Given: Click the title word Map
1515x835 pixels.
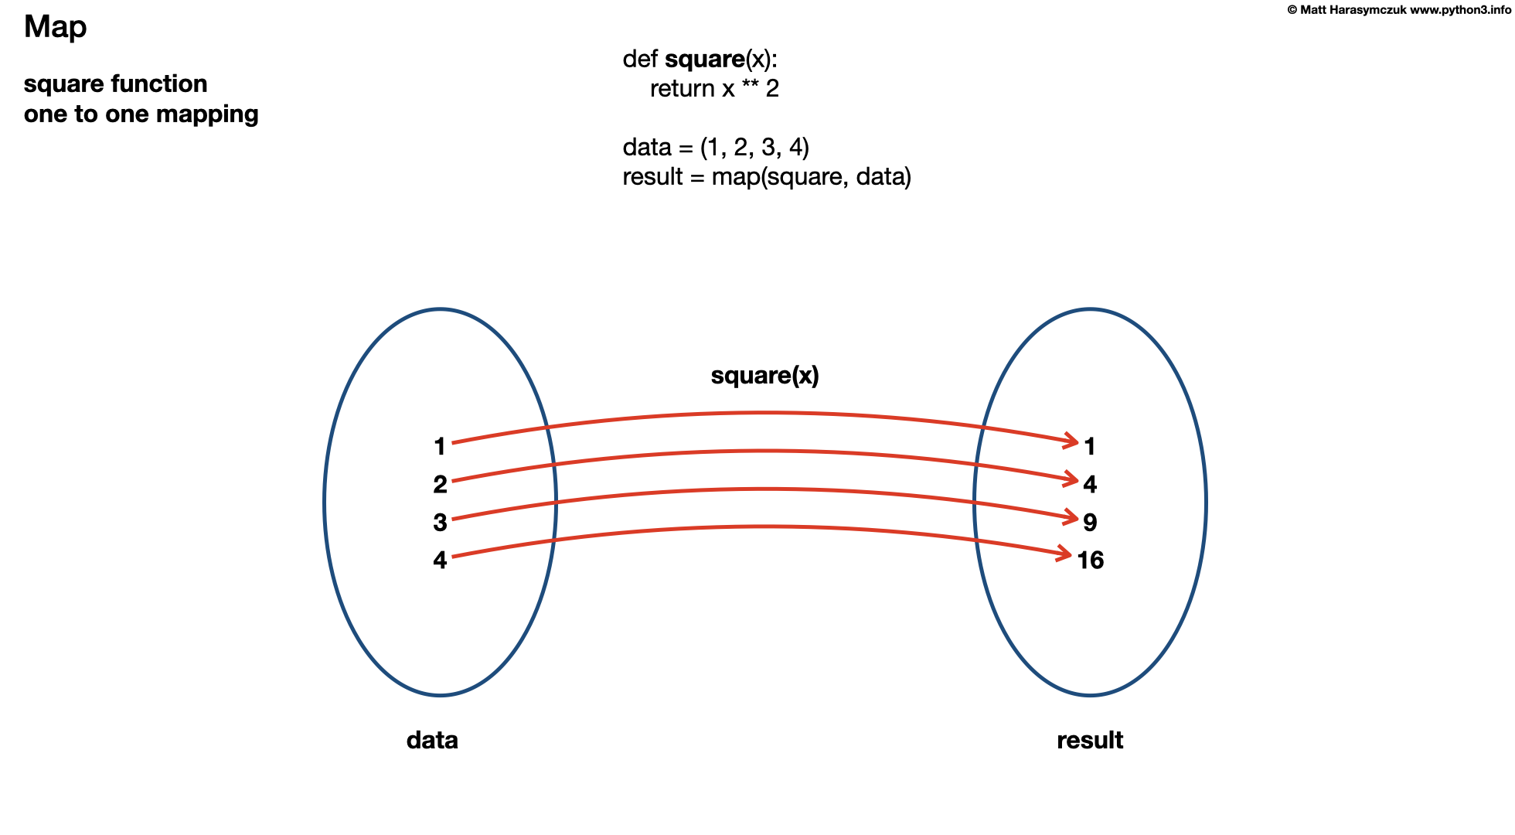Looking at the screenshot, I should click(55, 27).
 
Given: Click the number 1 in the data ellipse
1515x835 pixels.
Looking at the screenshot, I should click(440, 446).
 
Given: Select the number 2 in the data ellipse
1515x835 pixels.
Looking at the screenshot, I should click(440, 484).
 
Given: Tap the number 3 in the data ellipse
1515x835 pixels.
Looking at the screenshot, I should click(440, 522).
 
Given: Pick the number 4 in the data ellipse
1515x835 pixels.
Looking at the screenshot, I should click(440, 559).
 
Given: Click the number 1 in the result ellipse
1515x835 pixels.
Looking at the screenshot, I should click(1089, 446).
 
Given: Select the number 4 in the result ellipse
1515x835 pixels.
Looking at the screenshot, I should click(1090, 484).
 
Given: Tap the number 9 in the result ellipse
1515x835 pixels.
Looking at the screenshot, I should click(1090, 522).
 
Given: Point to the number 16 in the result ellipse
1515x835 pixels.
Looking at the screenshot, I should click(1090, 560).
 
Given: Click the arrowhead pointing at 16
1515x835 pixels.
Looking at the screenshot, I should click(1066, 554).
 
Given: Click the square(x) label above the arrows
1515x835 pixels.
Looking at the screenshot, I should click(764, 375).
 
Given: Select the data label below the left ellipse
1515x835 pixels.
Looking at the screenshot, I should click(432, 740).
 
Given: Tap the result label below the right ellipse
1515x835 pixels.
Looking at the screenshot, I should click(1090, 740).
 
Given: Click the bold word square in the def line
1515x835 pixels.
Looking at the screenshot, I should click(704, 59).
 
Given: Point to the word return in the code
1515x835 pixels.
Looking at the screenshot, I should click(682, 89).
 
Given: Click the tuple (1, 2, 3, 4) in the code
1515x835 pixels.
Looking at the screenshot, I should click(754, 147).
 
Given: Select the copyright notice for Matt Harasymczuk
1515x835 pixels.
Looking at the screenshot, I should click(1398, 10).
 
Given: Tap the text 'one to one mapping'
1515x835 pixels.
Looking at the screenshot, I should click(141, 114).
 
